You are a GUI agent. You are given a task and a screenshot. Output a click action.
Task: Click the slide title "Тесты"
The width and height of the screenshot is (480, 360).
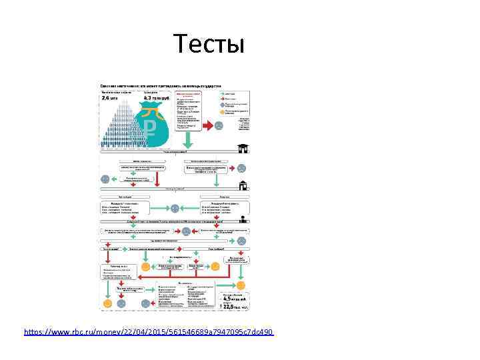pos(209,44)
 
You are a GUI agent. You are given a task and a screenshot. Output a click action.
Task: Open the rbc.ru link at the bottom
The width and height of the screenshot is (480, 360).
pos(148,331)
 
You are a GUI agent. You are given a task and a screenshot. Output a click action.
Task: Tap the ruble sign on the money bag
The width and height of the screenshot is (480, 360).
pos(151,127)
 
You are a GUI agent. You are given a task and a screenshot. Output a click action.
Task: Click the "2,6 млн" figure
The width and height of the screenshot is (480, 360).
pos(109,98)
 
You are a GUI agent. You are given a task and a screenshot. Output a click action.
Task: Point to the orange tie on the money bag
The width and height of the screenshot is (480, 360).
pos(152,109)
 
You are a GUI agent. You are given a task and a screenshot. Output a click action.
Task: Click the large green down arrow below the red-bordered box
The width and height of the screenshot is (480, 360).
pos(188,139)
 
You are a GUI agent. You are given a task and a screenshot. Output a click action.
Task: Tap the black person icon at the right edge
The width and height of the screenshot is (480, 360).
pos(245,219)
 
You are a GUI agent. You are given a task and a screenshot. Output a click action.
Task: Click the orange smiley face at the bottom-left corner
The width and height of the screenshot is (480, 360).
pos(107,303)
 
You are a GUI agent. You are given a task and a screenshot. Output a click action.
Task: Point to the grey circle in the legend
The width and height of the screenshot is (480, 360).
pos(222,104)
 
